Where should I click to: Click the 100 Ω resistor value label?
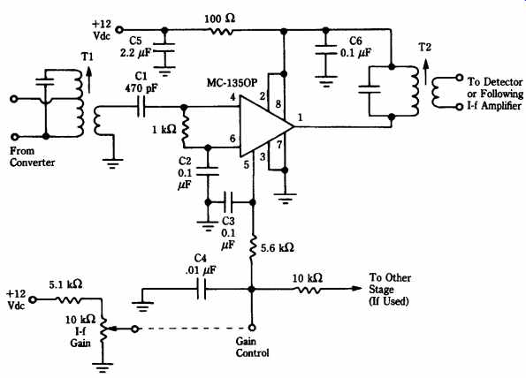(220, 19)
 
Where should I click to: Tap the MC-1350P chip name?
(232, 82)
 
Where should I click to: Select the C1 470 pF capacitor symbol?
(141, 107)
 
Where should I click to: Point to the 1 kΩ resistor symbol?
(184, 128)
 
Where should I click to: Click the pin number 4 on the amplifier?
(233, 97)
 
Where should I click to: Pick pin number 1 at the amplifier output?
(300, 117)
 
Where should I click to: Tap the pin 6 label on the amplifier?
(233, 138)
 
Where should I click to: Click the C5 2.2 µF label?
(136, 47)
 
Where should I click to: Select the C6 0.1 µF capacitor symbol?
(325, 49)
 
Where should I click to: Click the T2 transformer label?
(424, 48)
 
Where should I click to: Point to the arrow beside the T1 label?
(89, 80)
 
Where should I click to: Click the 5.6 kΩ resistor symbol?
(253, 247)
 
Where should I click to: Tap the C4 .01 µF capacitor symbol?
(202, 289)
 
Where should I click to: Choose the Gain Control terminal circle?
(252, 328)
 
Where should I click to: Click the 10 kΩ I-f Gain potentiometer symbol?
(103, 329)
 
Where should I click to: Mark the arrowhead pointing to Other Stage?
(356, 289)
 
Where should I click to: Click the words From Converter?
(32, 156)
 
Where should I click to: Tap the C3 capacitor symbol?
(229, 202)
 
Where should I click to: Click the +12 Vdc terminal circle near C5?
(119, 30)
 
